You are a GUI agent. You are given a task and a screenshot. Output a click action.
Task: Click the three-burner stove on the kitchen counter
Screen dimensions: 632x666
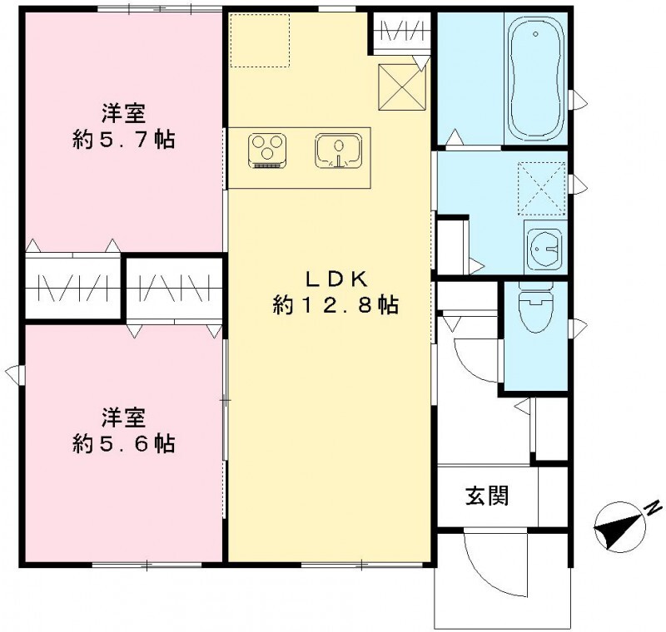pyautogui.click(x=267, y=151)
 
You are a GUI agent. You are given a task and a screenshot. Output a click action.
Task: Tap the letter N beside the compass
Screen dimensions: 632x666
pyautogui.click(x=655, y=505)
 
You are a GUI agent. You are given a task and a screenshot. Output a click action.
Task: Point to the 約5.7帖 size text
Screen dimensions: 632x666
pyautogui.click(x=123, y=139)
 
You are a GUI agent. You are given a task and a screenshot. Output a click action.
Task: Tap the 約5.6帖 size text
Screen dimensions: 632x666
pyautogui.click(x=123, y=443)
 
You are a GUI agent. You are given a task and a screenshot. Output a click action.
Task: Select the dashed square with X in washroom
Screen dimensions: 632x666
pyautogui.click(x=541, y=190)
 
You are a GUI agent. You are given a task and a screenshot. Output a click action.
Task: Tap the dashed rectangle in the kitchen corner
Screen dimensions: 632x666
pyautogui.click(x=260, y=39)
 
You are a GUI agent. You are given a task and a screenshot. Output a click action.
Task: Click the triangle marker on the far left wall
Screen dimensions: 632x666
pyautogui.click(x=11, y=371)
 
